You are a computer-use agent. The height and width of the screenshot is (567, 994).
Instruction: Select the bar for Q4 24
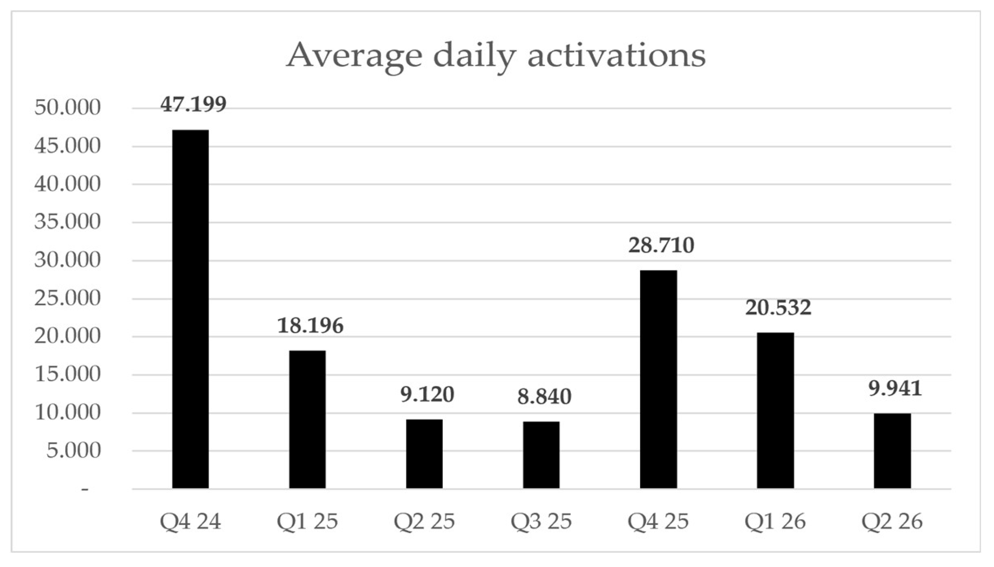190,309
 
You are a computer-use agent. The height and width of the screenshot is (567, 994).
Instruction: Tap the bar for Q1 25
307,419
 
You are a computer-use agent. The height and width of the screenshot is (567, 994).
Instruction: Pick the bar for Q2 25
424,454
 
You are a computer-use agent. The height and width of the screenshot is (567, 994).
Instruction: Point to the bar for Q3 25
541,455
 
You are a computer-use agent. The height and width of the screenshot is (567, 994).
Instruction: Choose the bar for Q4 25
658,379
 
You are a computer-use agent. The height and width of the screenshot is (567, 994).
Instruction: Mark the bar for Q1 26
775,411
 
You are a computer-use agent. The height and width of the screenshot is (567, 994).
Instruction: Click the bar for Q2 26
892,451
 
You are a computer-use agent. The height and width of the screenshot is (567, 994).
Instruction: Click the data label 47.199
193,104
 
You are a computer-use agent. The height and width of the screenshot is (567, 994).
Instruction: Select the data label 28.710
661,245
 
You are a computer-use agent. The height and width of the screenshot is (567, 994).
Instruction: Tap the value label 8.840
544,396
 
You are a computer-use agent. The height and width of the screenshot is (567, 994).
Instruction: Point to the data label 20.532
778,307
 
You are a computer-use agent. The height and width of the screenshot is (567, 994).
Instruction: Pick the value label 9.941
895,388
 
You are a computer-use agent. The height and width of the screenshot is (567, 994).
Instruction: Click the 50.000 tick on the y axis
67,107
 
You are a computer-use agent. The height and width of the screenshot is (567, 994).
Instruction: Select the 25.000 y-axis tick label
67,298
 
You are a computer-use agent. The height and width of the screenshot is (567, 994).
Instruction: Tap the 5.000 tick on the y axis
73,451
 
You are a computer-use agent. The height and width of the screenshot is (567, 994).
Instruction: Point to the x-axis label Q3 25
541,521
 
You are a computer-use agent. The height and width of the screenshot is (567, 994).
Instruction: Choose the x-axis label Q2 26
892,521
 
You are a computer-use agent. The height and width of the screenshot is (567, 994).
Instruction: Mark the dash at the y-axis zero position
85,490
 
